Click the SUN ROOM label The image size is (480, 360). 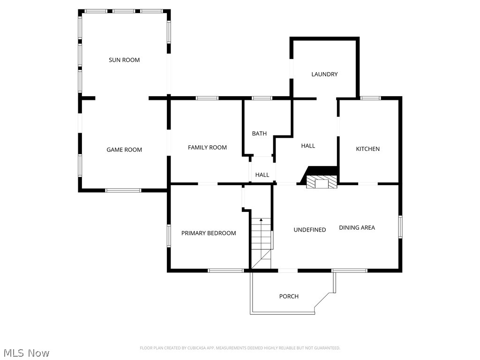coord(124,60)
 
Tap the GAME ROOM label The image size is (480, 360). coord(124,150)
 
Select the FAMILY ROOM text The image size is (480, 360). coord(207,148)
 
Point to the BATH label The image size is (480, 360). coord(259,134)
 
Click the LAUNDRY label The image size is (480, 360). coord(324,74)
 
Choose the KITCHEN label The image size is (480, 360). coord(368,149)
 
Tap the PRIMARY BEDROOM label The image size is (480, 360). coord(209,233)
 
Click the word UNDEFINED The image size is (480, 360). coord(310,230)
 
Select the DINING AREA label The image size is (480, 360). coord(357,228)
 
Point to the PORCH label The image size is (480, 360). coord(289,296)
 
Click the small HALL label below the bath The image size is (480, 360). coord(262,175)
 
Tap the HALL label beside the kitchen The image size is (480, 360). coord(308,146)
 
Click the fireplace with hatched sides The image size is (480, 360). coord(322,182)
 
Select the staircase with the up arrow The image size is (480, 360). coord(262,241)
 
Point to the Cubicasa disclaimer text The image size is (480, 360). coord(240,348)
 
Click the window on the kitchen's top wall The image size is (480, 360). coord(370,98)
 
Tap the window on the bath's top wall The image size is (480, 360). coord(262,98)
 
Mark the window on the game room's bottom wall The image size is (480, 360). coord(123,190)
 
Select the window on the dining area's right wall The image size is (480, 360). coord(400,227)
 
